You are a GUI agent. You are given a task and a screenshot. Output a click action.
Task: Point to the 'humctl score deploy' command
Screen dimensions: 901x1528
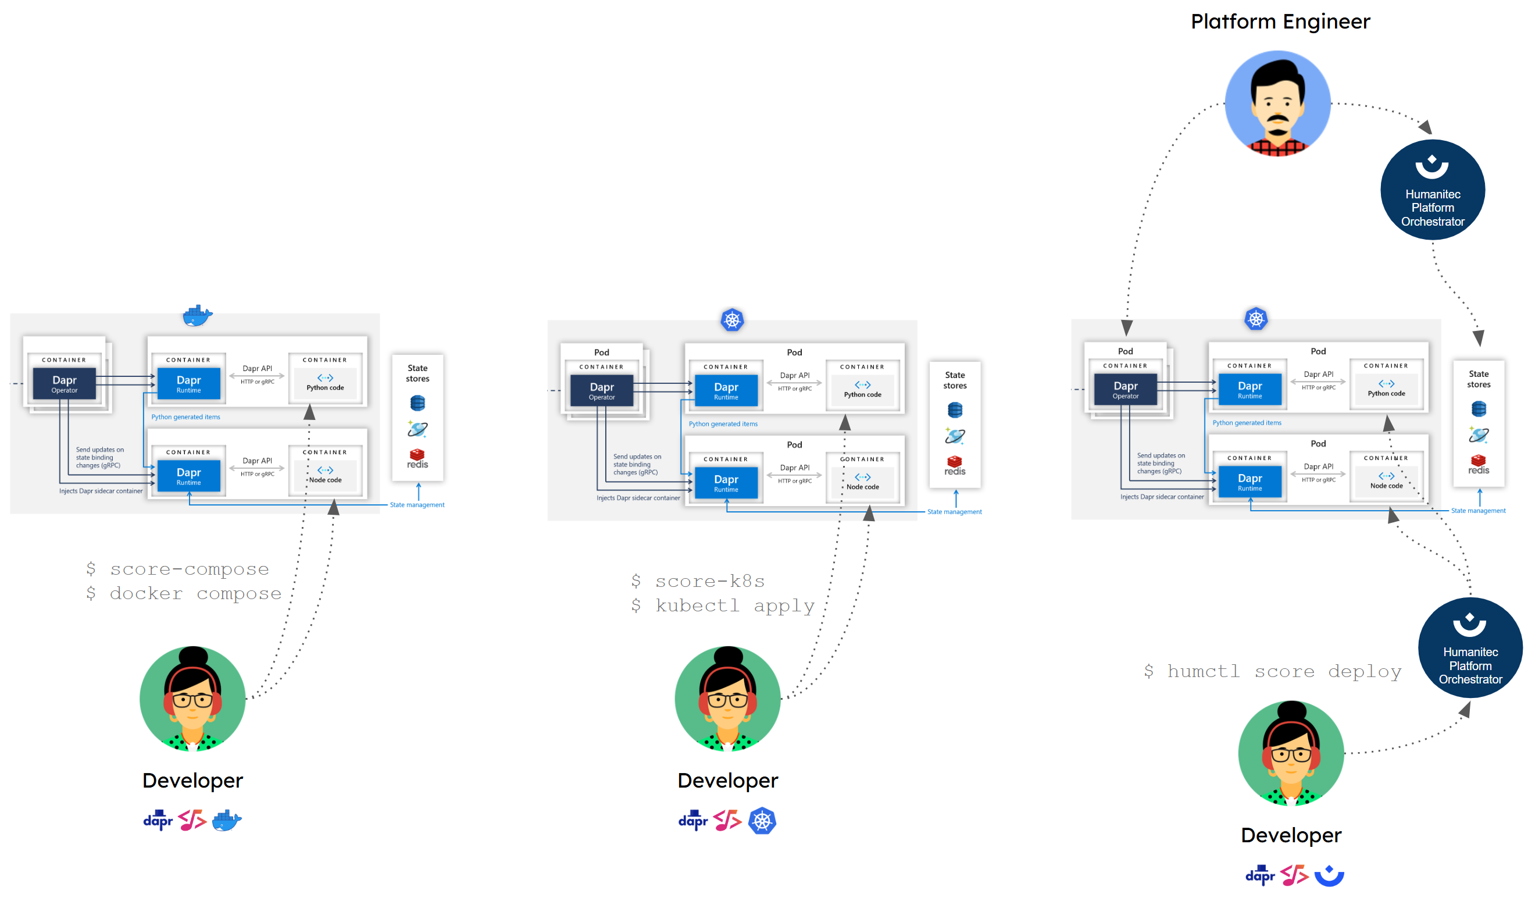coord(1272,671)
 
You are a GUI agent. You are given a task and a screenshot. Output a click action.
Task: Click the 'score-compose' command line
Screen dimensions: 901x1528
coord(178,569)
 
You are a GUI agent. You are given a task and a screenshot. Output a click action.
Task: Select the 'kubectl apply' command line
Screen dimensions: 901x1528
coord(723,606)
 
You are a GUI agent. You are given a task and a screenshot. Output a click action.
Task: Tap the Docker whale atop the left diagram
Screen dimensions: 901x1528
coord(197,316)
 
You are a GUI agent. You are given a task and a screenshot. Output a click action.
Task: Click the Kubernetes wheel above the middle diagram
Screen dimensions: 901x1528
coord(732,320)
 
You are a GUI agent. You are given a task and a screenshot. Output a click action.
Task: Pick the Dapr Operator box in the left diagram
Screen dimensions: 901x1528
coord(65,384)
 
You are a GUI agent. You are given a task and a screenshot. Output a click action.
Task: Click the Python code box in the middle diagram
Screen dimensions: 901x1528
coord(862,389)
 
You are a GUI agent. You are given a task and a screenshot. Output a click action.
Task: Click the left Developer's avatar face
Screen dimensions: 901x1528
coord(192,698)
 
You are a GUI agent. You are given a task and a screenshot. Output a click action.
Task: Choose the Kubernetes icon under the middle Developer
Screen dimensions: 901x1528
coord(762,820)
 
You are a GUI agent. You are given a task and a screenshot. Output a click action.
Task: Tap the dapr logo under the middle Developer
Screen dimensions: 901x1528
coord(692,820)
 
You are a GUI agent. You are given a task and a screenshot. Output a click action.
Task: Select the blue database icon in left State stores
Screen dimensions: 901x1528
coord(417,403)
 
